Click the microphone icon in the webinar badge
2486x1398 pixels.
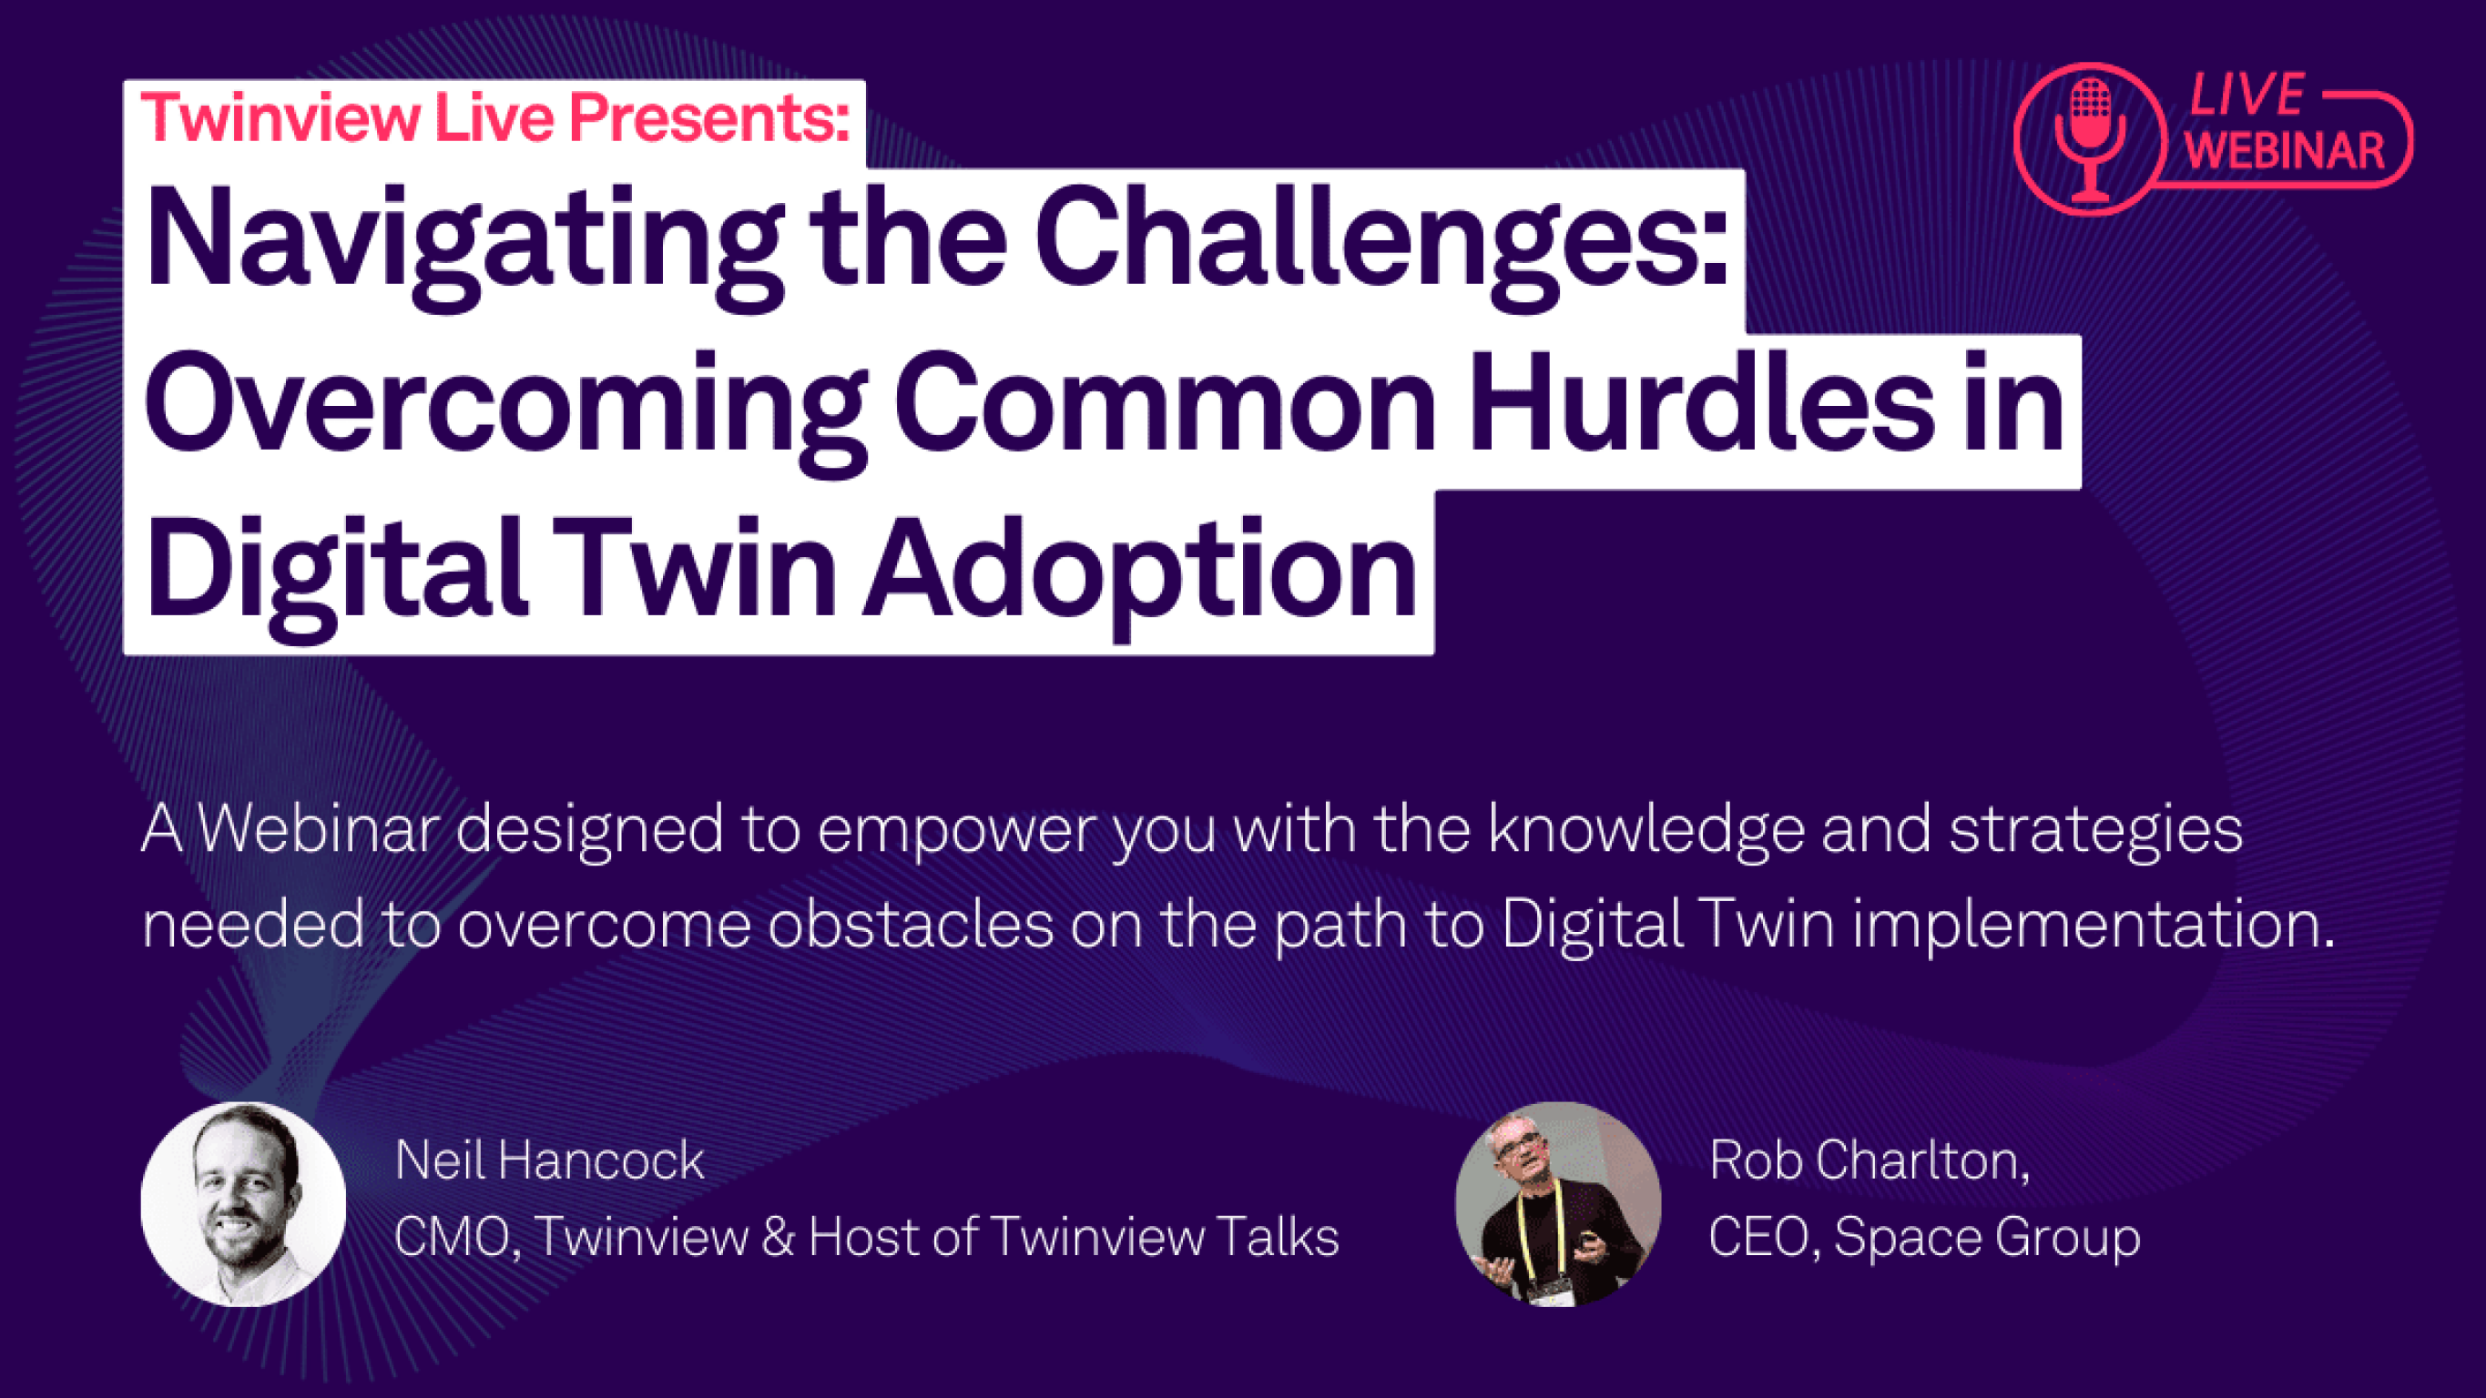tap(2090, 139)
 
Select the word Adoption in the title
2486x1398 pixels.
tap(1140, 572)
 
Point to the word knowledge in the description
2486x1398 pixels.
tap(1646, 832)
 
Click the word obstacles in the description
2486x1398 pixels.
tap(911, 925)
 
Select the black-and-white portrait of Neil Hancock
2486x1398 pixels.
tap(243, 1204)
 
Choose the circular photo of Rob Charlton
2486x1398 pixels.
tap(1557, 1204)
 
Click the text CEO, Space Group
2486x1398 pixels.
tap(1924, 1238)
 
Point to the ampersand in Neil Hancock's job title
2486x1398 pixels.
tap(777, 1237)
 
